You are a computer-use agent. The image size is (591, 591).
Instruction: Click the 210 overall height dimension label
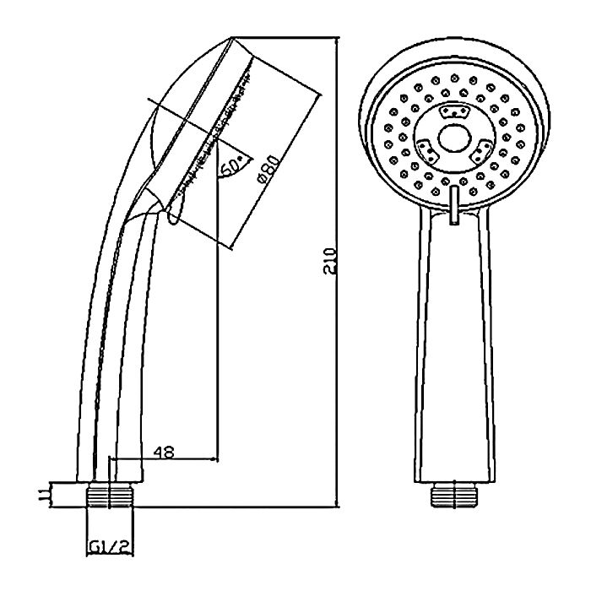click(330, 261)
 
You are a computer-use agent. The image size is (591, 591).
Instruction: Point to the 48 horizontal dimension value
click(164, 452)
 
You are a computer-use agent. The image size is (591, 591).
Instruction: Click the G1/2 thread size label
click(110, 547)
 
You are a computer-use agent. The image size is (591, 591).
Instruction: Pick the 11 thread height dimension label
click(44, 495)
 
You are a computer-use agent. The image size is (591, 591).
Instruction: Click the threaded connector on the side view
click(110, 495)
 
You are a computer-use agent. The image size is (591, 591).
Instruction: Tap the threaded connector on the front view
click(454, 495)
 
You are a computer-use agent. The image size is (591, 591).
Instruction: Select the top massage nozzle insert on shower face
click(454, 111)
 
